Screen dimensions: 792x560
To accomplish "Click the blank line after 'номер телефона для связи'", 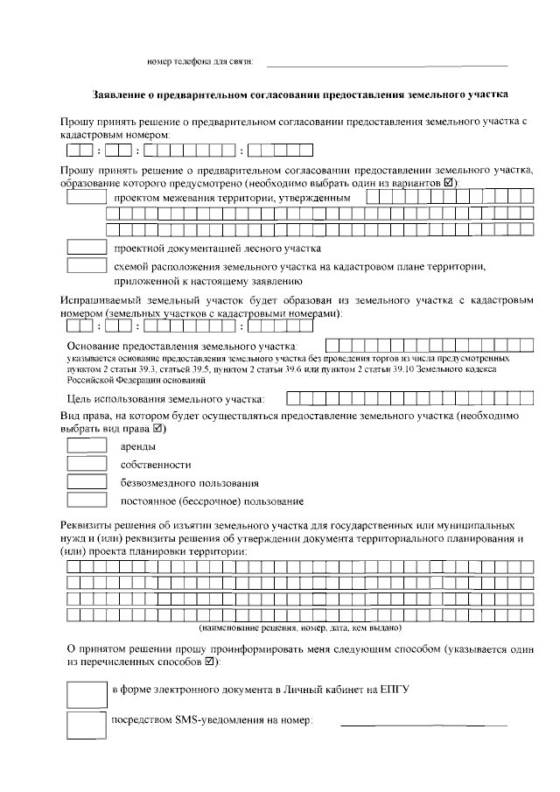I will pyautogui.click(x=386, y=65).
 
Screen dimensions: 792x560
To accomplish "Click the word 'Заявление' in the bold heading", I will pyautogui.click(x=122, y=94).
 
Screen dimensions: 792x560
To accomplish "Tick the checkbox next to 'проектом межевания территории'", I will pyautogui.click(x=86, y=199).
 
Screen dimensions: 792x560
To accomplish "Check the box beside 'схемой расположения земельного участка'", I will pyautogui.click(x=86, y=266).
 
